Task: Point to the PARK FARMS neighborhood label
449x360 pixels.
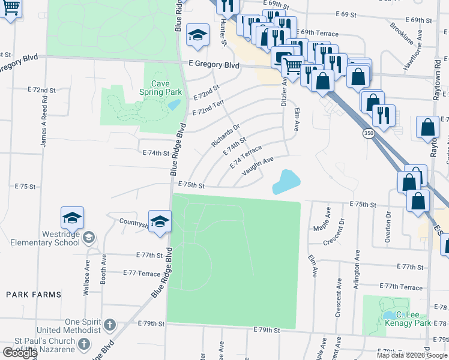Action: (x=34, y=295)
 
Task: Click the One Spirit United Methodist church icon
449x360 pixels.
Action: (x=109, y=325)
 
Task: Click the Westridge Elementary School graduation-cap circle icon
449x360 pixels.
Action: (x=88, y=238)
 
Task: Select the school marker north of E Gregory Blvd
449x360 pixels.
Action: (x=197, y=35)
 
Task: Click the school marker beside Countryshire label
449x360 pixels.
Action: (x=160, y=221)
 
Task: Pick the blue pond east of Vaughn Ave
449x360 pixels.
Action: (x=286, y=182)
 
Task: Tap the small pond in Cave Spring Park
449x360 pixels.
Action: (x=174, y=104)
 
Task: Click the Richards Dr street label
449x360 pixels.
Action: (x=225, y=136)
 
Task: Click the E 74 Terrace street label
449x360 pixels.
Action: (x=246, y=156)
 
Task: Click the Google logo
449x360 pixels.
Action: (x=20, y=353)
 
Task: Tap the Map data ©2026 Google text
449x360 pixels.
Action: (x=412, y=355)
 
